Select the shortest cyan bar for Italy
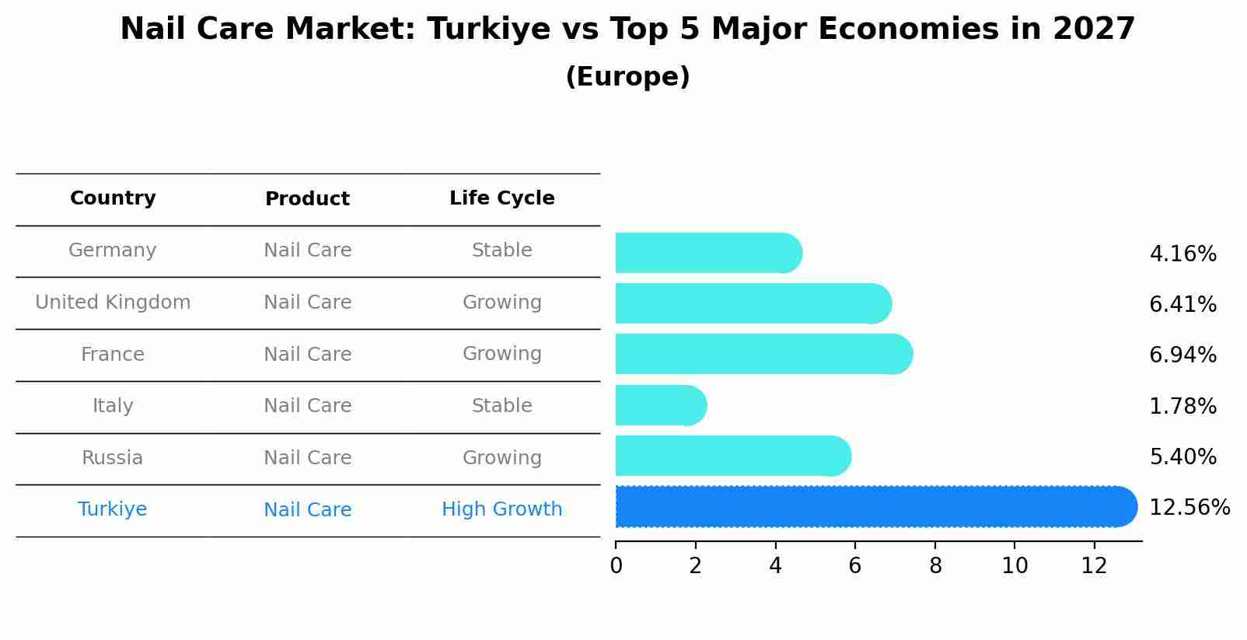click(x=660, y=405)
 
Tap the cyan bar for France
click(x=763, y=354)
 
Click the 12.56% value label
click(x=1189, y=508)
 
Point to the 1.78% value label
click(x=1182, y=406)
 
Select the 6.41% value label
click(x=1182, y=304)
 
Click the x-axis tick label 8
click(x=935, y=566)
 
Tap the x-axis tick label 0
click(x=616, y=566)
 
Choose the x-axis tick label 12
click(x=1094, y=566)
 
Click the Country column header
click(x=113, y=198)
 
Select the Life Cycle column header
click(x=501, y=198)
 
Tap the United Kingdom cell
click(x=113, y=303)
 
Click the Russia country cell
click(x=113, y=458)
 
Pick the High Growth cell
click(x=501, y=509)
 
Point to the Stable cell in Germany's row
click(x=501, y=250)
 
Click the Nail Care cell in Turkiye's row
click(x=307, y=510)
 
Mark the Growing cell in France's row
click(x=501, y=354)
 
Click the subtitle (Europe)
click(x=627, y=77)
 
